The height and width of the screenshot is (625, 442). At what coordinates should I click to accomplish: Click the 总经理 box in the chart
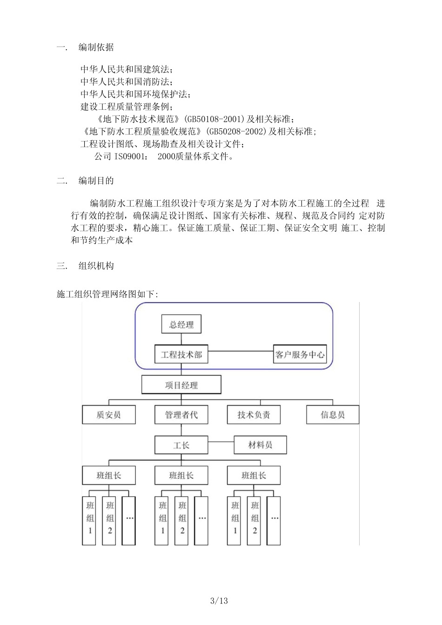pyautogui.click(x=181, y=324)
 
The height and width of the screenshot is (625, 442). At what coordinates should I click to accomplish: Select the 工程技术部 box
pyautogui.click(x=181, y=355)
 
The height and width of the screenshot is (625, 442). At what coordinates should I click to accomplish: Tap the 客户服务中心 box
pyautogui.click(x=300, y=355)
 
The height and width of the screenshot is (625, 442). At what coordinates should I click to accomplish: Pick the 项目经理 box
pyautogui.click(x=181, y=385)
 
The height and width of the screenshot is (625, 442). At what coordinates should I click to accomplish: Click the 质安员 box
pyautogui.click(x=109, y=415)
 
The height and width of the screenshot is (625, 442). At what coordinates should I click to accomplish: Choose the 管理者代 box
pyautogui.click(x=181, y=415)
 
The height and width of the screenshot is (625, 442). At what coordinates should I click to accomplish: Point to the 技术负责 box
pyautogui.click(x=254, y=415)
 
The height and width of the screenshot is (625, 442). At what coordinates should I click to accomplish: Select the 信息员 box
pyautogui.click(x=333, y=415)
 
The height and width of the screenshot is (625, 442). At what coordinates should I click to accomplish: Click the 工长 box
pyautogui.click(x=181, y=445)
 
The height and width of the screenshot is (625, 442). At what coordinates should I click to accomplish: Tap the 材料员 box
pyautogui.click(x=260, y=445)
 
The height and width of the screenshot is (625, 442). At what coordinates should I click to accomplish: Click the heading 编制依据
pyautogui.click(x=96, y=47)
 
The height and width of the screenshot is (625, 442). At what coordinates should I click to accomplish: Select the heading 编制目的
pyautogui.click(x=96, y=181)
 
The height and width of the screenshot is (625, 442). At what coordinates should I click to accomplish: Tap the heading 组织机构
pyautogui.click(x=96, y=266)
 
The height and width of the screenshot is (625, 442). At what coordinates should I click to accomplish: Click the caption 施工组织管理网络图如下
pyautogui.click(x=107, y=294)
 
